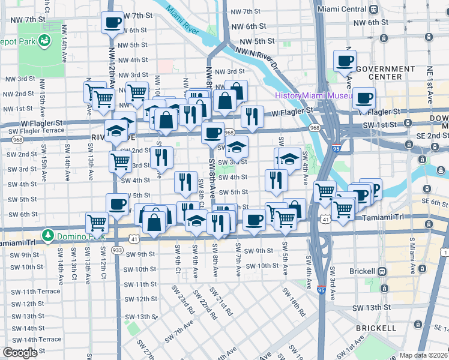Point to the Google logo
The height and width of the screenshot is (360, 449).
pyautogui.click(x=20, y=353)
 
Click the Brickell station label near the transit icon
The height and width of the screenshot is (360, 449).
pyautogui.click(x=363, y=271)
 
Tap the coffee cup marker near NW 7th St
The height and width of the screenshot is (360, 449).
pyautogui.click(x=112, y=23)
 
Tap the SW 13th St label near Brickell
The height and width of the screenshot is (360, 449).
pyautogui.click(x=372, y=307)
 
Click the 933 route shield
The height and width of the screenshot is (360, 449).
pyautogui.click(x=117, y=249)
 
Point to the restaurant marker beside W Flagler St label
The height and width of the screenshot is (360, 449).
pyautogui.click(x=252, y=115)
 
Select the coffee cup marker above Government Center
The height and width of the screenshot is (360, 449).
pyautogui.click(x=345, y=61)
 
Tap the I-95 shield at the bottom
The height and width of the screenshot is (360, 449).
pyautogui.click(x=321, y=289)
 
